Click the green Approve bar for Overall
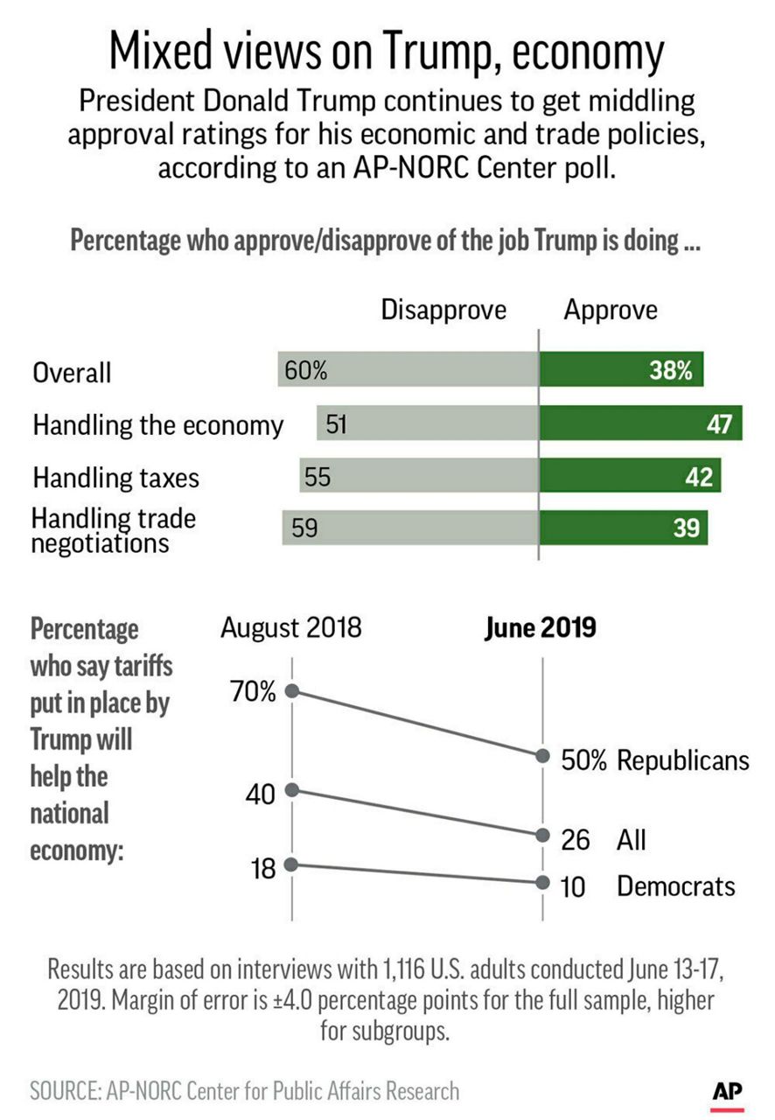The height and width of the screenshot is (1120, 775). (x=621, y=370)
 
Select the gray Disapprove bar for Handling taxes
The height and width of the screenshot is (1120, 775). (x=420, y=477)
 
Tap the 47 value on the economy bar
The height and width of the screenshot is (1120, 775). (x=719, y=425)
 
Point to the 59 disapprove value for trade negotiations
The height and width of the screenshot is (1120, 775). (x=304, y=529)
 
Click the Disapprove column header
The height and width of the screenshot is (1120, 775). (x=443, y=311)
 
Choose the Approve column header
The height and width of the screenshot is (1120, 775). (x=610, y=311)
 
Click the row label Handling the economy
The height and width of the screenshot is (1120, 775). (x=157, y=426)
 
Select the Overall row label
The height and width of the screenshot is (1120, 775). (x=72, y=374)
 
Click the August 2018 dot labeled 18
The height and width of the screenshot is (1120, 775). (x=292, y=864)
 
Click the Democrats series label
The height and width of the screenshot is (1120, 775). (x=675, y=886)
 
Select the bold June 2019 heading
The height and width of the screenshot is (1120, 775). (x=540, y=628)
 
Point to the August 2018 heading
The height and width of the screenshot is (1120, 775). (x=290, y=628)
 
